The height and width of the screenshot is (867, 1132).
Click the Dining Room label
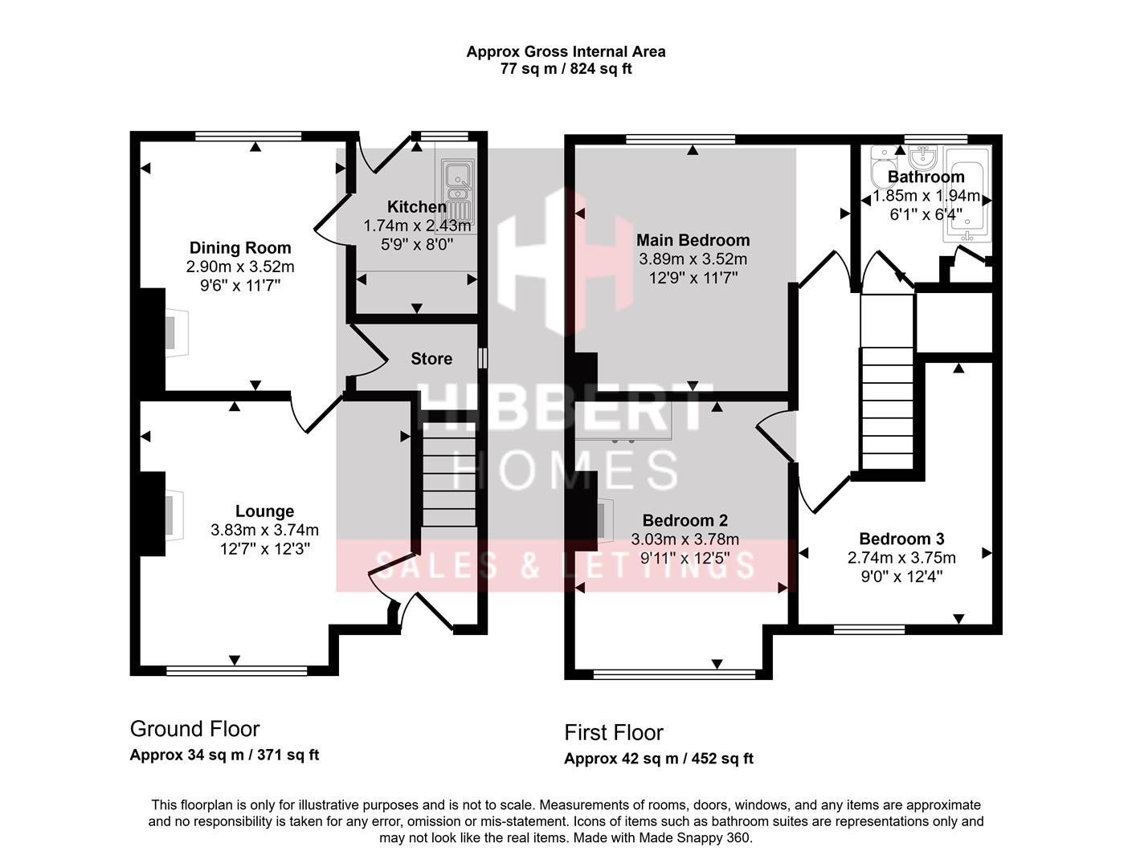tap(239, 248)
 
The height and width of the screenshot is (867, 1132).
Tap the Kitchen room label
tap(416, 207)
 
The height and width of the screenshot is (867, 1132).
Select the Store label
tap(431, 359)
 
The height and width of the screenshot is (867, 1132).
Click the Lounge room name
tap(264, 511)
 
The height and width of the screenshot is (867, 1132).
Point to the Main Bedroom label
tap(693, 240)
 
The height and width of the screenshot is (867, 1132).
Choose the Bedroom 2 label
tap(685, 521)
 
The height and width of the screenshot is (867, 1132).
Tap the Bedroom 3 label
tap(901, 539)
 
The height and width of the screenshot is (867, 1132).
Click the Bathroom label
tap(926, 177)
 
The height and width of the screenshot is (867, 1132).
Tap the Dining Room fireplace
tap(175, 332)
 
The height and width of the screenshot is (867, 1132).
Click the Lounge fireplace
tap(172, 515)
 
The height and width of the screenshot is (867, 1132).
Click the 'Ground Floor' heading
tap(194, 729)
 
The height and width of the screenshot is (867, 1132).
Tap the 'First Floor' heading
tap(613, 732)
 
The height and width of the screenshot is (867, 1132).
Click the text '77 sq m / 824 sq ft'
tap(566, 69)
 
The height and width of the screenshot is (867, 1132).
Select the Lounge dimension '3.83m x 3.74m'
tap(264, 530)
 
